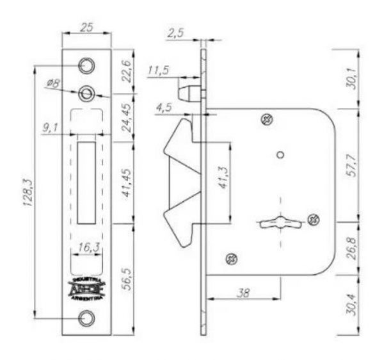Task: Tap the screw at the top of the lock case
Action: [267, 119]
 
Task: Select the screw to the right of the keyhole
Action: [313, 220]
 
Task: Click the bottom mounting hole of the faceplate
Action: [86, 318]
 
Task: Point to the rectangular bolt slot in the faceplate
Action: [86, 182]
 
